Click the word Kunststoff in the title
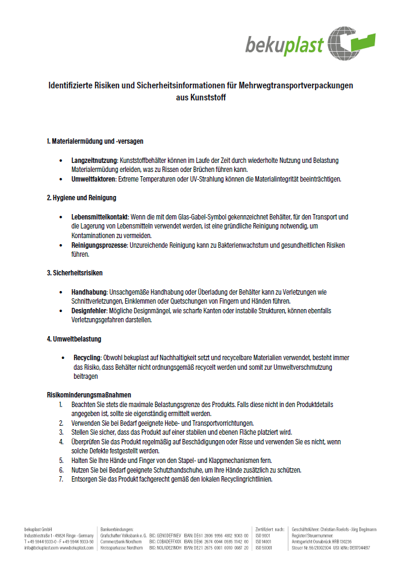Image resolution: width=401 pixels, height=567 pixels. coord(200,96)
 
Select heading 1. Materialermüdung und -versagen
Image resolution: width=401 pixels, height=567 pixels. coord(95,141)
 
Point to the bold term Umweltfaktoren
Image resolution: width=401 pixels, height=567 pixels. coord(93,179)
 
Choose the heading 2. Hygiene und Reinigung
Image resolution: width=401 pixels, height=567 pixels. coord(81,197)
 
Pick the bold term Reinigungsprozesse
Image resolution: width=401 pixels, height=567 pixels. coord(99,245)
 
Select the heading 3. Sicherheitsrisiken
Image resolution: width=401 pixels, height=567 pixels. coord(75,273)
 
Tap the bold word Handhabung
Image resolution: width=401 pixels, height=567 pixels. coord(90,292)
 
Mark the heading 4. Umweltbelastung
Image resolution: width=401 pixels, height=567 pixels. coord(74,339)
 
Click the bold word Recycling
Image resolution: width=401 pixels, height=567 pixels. coord(87,357)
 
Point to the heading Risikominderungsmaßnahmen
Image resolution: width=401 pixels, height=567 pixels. coord(89,394)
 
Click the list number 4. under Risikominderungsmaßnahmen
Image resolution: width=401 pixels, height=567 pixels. coord(61,441)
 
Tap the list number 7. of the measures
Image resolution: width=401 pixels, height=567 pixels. coord(61,479)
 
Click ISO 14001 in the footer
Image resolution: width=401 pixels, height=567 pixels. coord(264,542)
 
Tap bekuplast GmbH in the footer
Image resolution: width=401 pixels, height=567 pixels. coord(37,529)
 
